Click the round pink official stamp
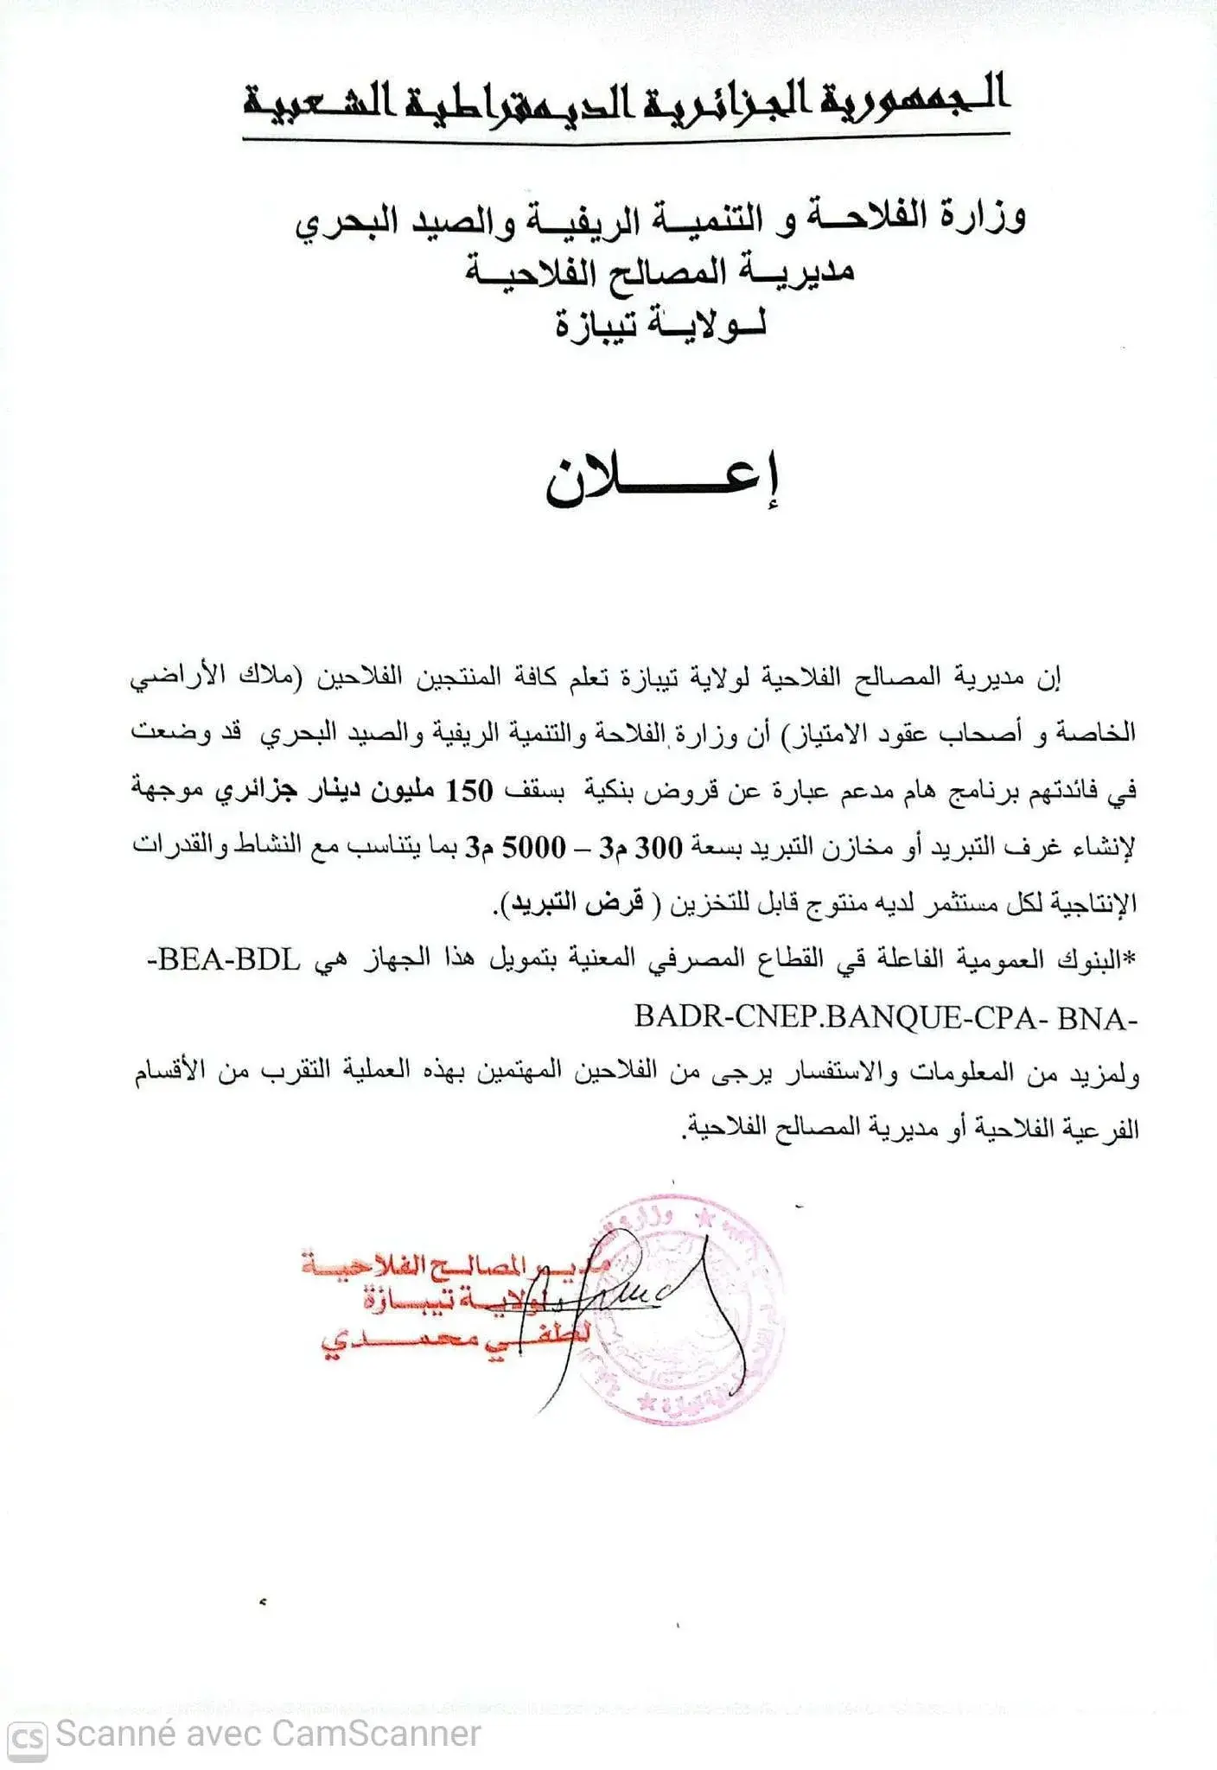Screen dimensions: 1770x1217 coord(683,1311)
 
